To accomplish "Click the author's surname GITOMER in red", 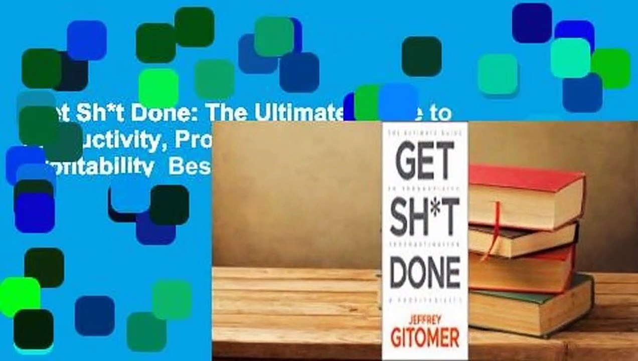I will point(425,338).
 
